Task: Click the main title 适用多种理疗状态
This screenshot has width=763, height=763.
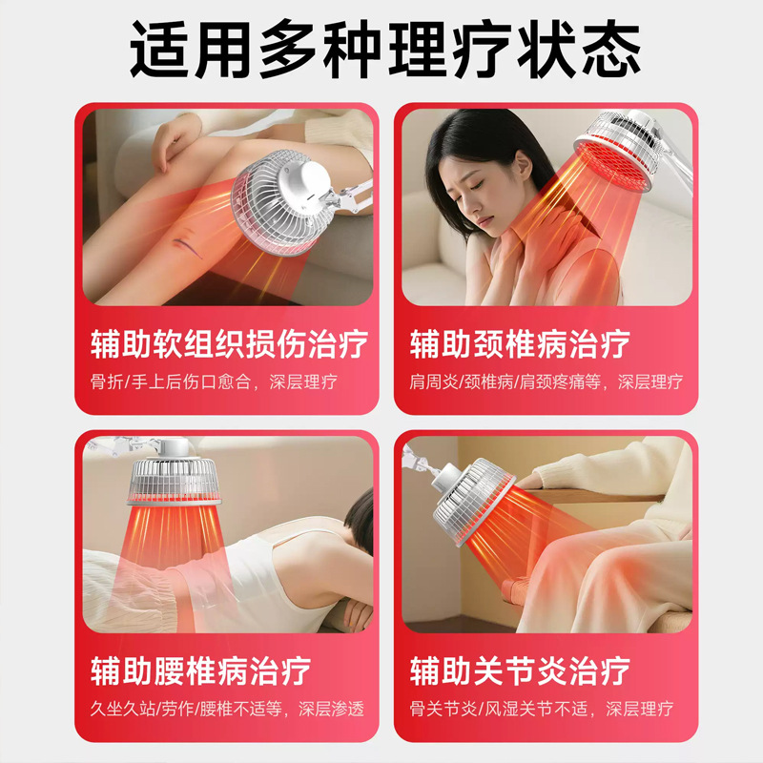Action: (x=385, y=49)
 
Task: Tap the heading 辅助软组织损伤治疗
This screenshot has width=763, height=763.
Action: (x=229, y=344)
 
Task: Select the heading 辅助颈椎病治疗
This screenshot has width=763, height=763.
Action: (x=520, y=344)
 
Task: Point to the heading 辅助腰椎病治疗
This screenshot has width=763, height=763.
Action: (x=200, y=671)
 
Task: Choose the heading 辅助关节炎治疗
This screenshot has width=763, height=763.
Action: (x=520, y=671)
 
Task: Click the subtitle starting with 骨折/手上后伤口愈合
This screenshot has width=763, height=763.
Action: (x=214, y=381)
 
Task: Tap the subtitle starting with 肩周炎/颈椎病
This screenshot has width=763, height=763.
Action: (x=546, y=381)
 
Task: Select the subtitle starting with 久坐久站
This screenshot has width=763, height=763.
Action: (x=227, y=709)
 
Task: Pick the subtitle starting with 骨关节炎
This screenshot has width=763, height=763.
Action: (x=541, y=709)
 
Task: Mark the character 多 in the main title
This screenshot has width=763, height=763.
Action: (x=288, y=49)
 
